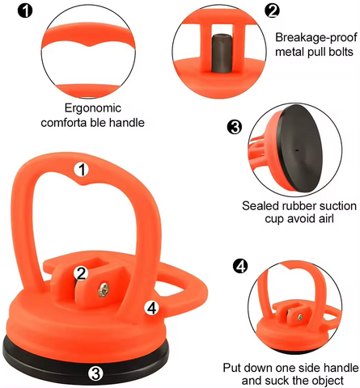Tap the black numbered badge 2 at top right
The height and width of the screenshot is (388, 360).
pyautogui.click(x=273, y=11)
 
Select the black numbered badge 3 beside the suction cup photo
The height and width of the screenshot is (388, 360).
pyautogui.click(x=235, y=127)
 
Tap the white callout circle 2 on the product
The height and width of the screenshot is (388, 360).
pyautogui.click(x=81, y=273)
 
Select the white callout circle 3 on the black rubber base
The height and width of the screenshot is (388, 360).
pyautogui.click(x=95, y=373)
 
